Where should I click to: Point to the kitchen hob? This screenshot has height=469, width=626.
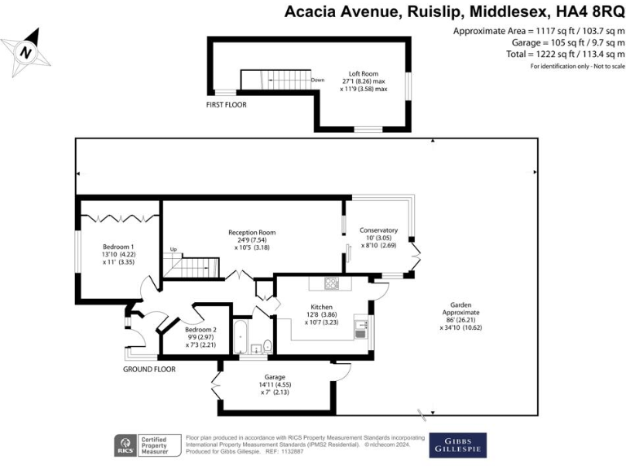point(332,284)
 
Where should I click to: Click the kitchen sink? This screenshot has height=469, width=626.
point(360,330)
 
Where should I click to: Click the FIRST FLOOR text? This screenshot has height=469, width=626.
point(226,105)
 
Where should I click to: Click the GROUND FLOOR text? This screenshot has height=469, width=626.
point(149,369)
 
